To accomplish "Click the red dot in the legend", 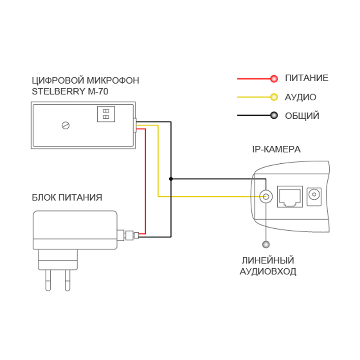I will [274, 79].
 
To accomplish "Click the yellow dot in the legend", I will [274, 97].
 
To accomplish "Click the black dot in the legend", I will [274, 116].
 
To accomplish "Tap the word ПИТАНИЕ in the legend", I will [306, 78].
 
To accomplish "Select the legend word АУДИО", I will [300, 97].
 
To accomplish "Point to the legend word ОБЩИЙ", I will [302, 116].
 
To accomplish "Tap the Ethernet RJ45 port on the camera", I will [289, 197].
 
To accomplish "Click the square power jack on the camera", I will [315, 196].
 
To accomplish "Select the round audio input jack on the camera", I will [266, 197].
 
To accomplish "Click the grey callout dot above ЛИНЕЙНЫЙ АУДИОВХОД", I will [266, 244].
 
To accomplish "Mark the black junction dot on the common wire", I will [171, 179].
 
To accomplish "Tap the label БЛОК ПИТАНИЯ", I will [67, 198].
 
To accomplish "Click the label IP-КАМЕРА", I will [276, 149].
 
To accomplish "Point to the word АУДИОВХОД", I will [267, 272].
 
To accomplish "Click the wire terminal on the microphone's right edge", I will [135, 126].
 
